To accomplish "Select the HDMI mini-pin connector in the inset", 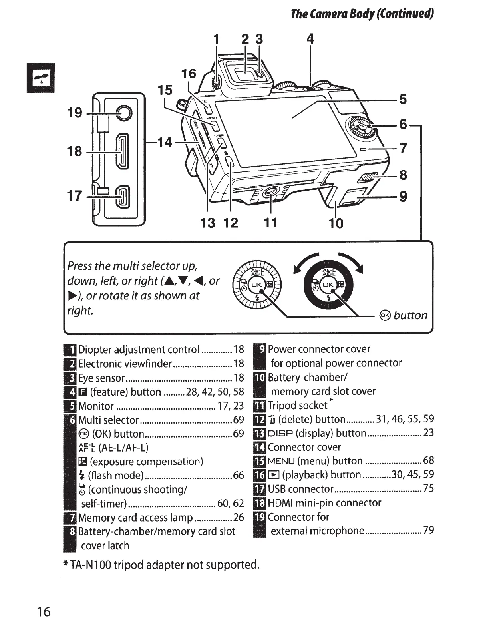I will (x=122, y=152).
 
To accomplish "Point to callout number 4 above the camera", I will (x=310, y=39).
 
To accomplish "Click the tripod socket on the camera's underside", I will (x=270, y=193).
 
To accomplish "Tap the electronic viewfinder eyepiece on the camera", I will (x=244, y=72).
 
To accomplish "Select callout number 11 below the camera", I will (x=270, y=223).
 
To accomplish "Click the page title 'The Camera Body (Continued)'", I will (x=362, y=14).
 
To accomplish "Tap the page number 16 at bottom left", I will (x=44, y=611).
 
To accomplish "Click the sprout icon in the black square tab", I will (x=40, y=78).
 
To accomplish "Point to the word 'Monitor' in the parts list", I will (x=96, y=406).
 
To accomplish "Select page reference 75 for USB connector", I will (x=428, y=488).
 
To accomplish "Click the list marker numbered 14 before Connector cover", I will (x=260, y=447).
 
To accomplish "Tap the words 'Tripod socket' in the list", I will (x=297, y=406).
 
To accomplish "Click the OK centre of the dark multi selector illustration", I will (x=328, y=285).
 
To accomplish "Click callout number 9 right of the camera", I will (x=403, y=197).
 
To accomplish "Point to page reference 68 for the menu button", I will (x=428, y=460).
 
